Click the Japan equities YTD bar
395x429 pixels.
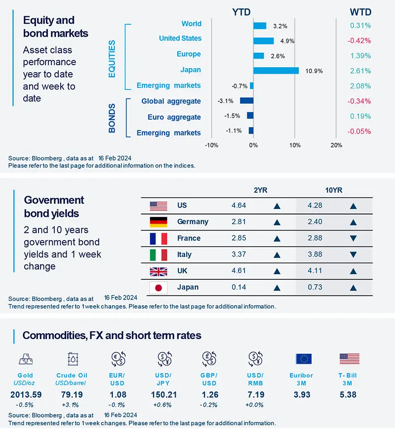[x=276, y=70]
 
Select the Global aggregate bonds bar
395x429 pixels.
[x=246, y=101]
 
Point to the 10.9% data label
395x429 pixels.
[x=314, y=71]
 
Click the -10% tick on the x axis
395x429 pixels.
[x=211, y=145]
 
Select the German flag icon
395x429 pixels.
[x=159, y=222]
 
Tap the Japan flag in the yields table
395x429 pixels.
[x=159, y=288]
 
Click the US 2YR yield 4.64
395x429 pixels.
[x=238, y=205]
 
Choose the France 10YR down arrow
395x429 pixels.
[x=353, y=238]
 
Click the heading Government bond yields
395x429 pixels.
[x=54, y=207]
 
